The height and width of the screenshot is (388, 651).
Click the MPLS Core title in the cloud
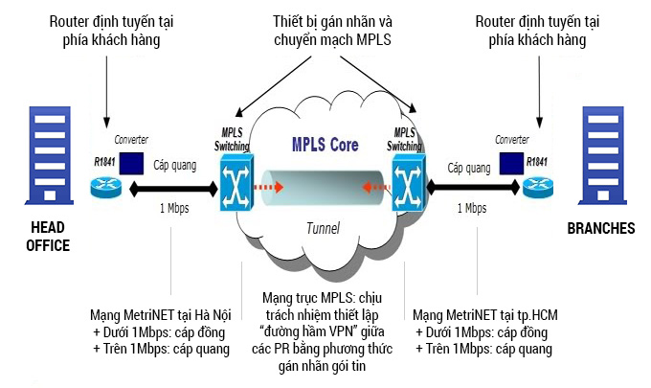click(325, 147)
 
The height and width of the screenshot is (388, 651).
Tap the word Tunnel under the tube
click(324, 228)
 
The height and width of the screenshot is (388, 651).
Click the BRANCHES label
click(600, 229)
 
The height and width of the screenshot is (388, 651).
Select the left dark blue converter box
click(132, 162)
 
